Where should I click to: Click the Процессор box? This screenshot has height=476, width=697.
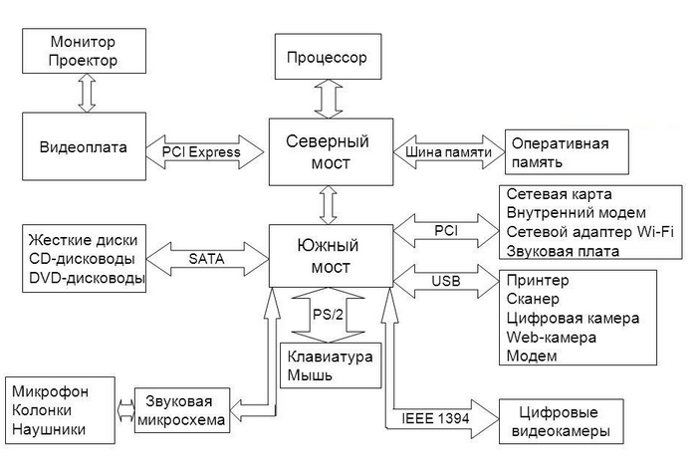tap(327, 57)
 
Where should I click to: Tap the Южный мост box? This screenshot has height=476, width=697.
tap(329, 253)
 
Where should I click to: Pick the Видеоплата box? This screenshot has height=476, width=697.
tap(84, 147)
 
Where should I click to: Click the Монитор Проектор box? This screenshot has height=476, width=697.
tap(83, 52)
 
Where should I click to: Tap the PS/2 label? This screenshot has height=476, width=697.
tap(328, 315)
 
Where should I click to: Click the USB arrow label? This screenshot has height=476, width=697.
tap(445, 282)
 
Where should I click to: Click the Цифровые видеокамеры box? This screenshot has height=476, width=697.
tap(560, 422)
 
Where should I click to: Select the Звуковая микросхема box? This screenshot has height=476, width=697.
tap(180, 411)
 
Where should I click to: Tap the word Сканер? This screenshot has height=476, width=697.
tap(533, 299)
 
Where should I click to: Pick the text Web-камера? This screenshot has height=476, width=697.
tap(551, 337)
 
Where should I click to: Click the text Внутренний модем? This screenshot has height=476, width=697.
tap(576, 214)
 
